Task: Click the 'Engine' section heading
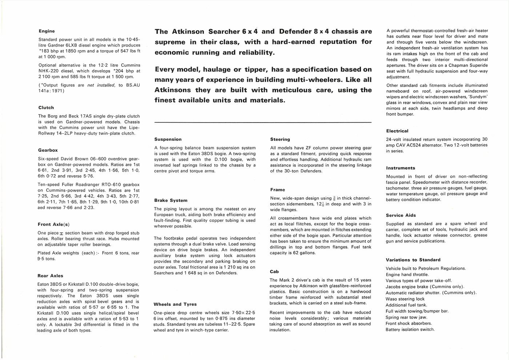point(47,31)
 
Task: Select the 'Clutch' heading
point(46,108)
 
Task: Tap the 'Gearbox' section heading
point(48,150)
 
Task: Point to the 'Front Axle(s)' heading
point(53,224)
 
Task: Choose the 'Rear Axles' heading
point(51,276)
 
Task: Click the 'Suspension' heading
point(168,139)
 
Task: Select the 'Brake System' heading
point(171,200)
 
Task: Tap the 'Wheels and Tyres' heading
point(175,304)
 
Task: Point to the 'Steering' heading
point(280,139)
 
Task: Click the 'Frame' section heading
point(278,190)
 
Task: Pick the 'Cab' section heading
point(274,272)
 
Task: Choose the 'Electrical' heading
point(397,131)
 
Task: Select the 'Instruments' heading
point(401,168)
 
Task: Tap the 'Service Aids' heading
point(401,215)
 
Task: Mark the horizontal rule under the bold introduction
point(263,122)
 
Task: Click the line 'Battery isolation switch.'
point(410,329)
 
